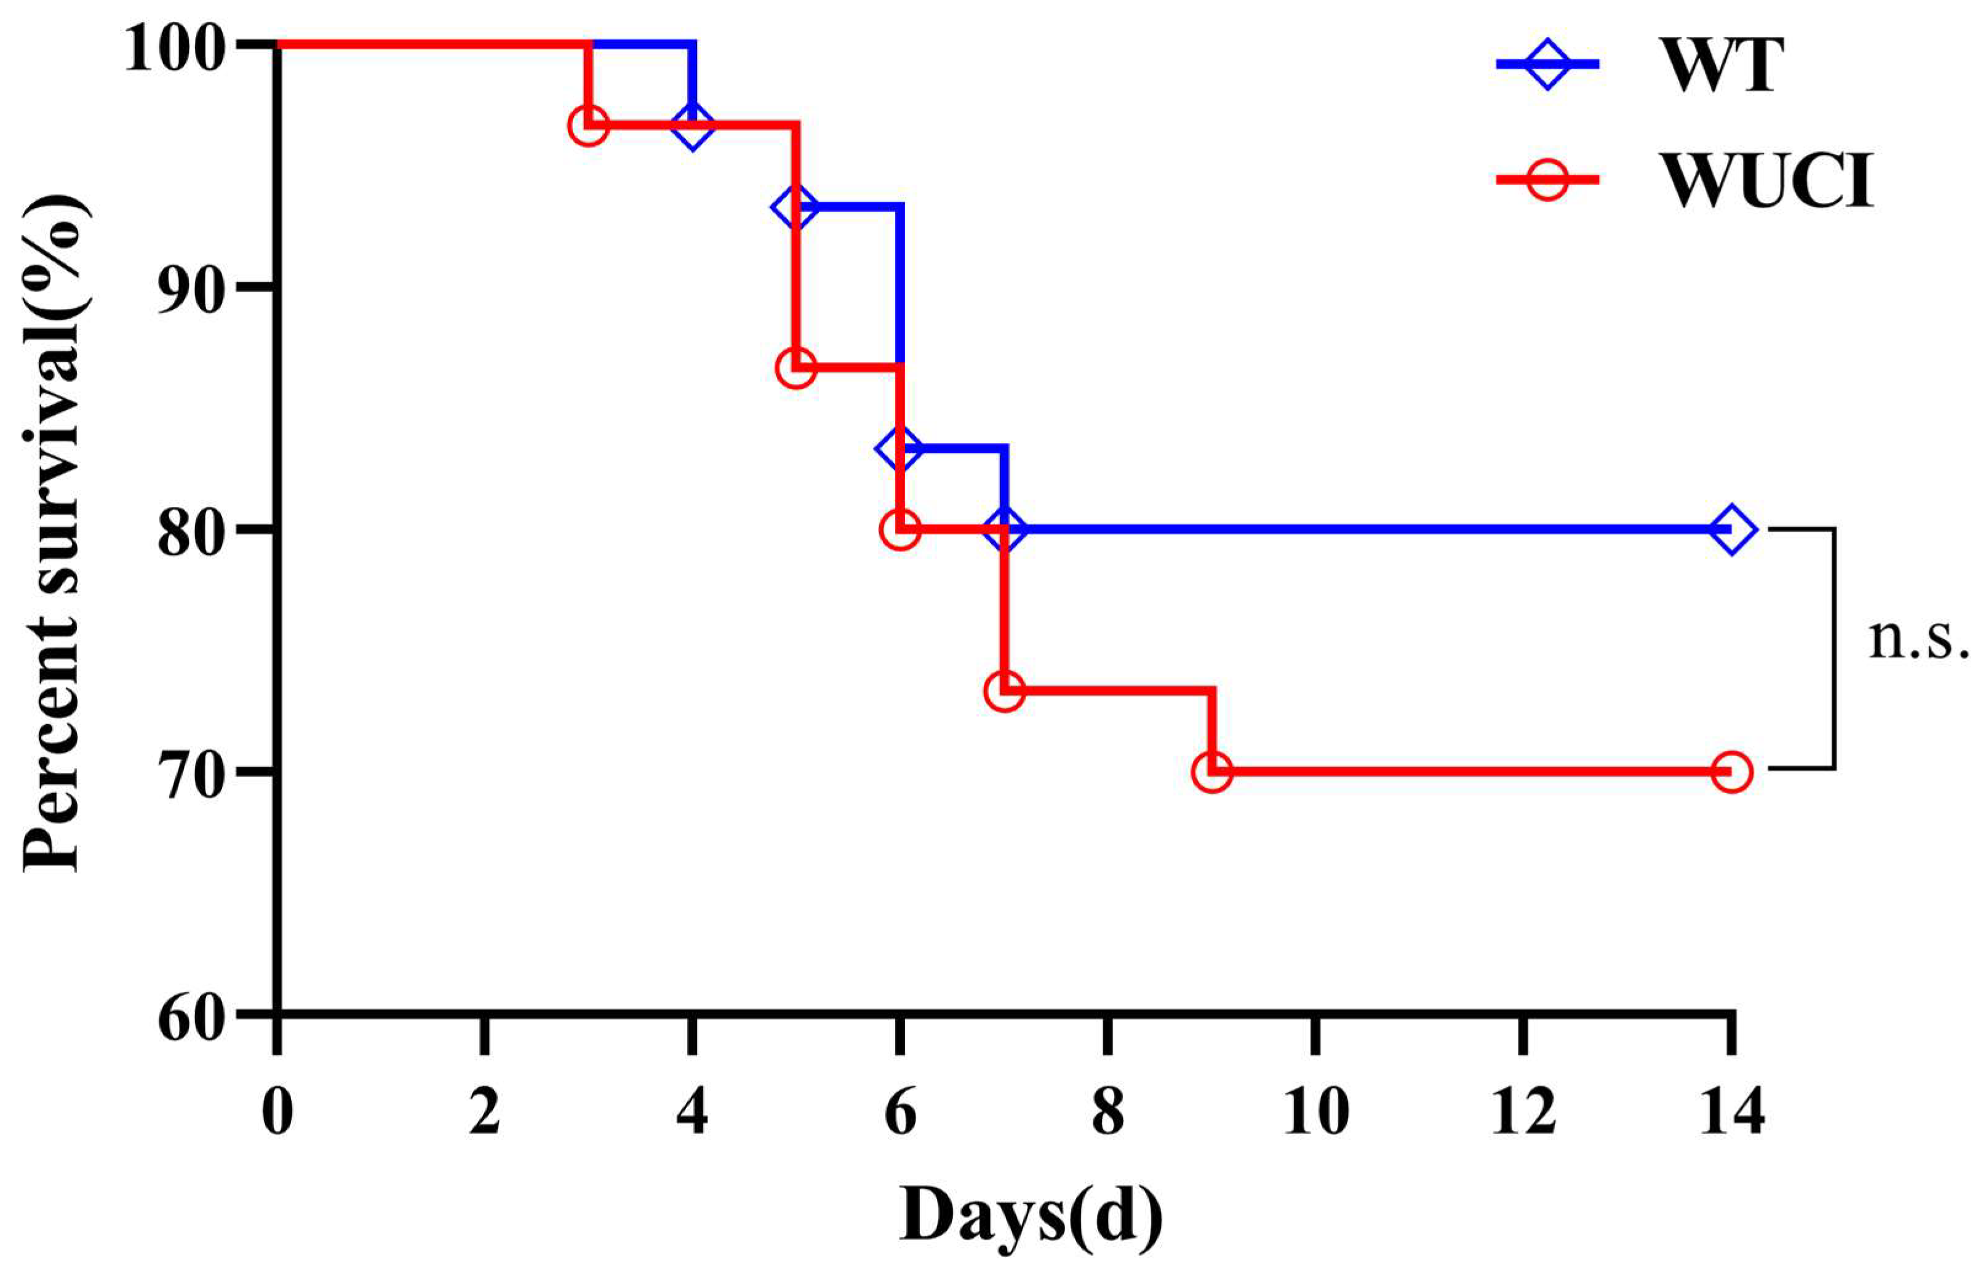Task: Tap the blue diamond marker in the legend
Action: coord(1547,63)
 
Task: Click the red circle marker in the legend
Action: coord(1547,178)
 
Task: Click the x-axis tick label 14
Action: coord(1731,1112)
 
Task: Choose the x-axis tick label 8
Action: coord(1107,1112)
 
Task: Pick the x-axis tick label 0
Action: coord(276,1112)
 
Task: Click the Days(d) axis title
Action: coord(1031,1216)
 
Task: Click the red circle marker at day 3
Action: coord(588,126)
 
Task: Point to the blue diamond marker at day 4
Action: coord(693,126)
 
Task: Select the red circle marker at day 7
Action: coord(1005,691)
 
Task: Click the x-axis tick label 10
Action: coord(1316,1112)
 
